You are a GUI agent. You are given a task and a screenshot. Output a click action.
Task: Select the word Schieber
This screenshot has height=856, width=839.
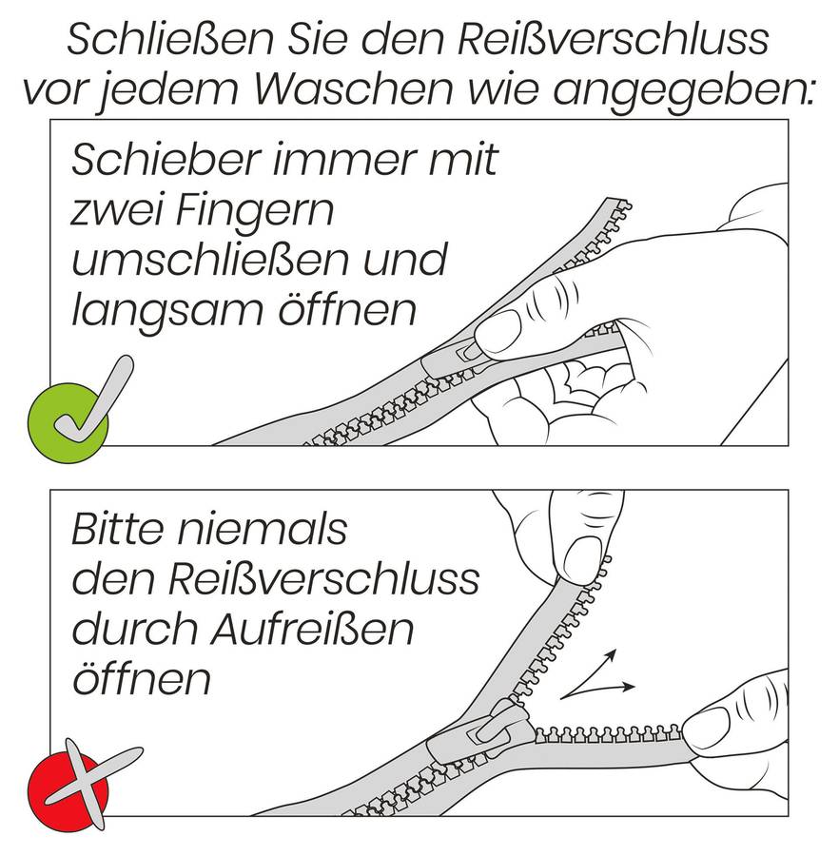(x=164, y=159)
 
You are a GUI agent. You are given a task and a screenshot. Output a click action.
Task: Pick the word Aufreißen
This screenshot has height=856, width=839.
(x=313, y=629)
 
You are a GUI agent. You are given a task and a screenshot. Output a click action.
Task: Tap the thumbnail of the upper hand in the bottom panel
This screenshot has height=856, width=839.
(x=583, y=561)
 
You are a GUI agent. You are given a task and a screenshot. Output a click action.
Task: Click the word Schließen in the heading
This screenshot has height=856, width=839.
(x=170, y=38)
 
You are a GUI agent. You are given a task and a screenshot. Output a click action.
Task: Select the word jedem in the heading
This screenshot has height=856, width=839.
(x=168, y=91)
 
